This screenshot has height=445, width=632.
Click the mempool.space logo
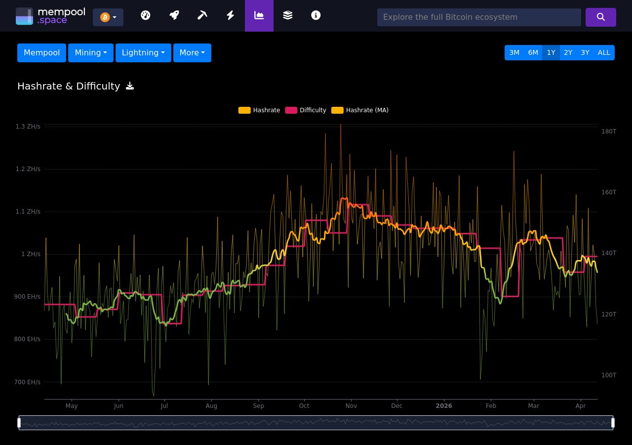point(50,16)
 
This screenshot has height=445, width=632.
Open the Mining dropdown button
point(91,53)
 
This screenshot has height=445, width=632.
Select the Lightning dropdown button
point(143,53)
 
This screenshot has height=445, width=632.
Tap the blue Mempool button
point(41,53)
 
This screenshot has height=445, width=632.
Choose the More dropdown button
point(192,53)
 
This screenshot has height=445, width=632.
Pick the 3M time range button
point(514,53)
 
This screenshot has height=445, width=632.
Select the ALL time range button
point(604,53)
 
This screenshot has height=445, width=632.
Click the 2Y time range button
point(568,53)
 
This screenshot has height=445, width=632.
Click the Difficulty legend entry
point(306,110)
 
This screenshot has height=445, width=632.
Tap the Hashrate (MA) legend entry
point(360,110)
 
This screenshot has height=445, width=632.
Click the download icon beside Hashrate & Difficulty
point(130,86)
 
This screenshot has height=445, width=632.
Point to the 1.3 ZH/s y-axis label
point(28,127)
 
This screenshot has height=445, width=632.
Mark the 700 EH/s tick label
point(28,382)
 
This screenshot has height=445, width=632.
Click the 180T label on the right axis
point(608,131)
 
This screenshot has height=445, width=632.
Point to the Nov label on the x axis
point(351,406)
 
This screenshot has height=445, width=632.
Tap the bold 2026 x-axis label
point(443,406)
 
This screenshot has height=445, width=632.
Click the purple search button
point(600,17)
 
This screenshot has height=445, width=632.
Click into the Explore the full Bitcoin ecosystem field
point(478,17)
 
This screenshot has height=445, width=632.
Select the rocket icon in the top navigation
point(174,15)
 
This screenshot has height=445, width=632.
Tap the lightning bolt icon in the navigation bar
point(230,15)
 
